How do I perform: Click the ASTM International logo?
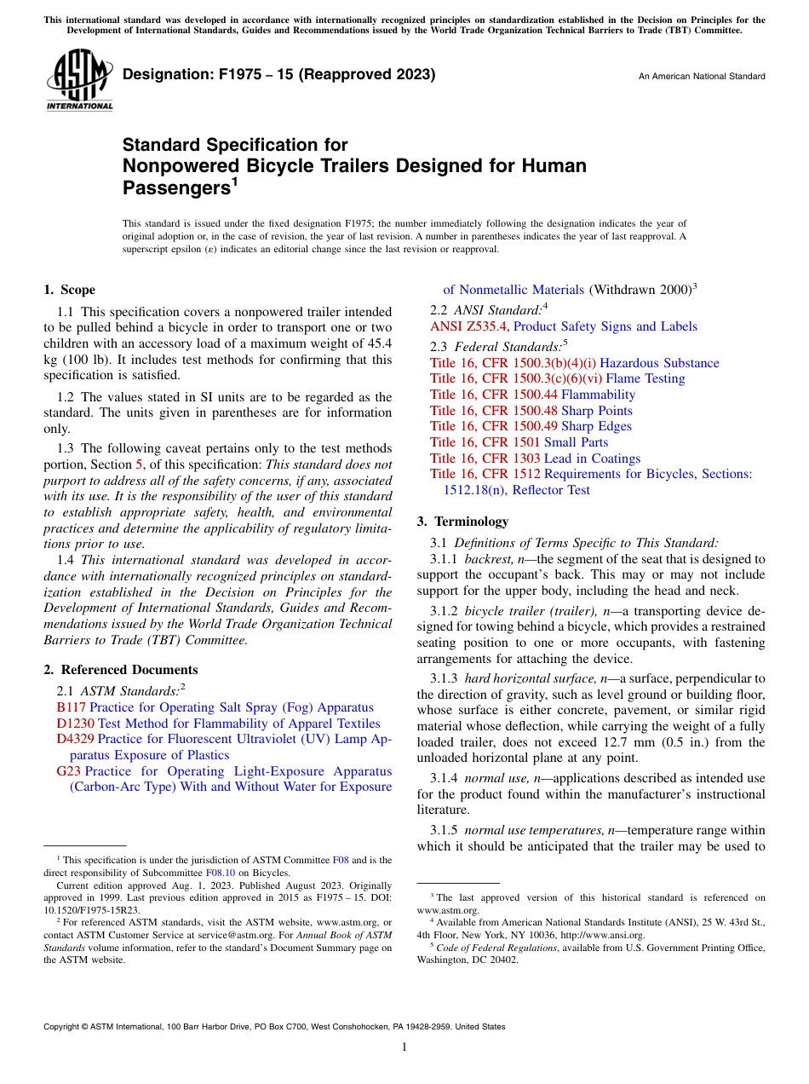pos(79,82)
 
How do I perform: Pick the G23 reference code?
pos(67,771)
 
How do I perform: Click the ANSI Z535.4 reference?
pos(470,326)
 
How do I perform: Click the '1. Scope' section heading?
pos(70,290)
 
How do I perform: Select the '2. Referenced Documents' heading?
pos(121,670)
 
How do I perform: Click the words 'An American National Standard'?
pos(702,77)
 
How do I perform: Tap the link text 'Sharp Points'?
pos(596,411)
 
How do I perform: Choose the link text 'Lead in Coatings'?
pos(592,458)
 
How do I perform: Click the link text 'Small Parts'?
pos(576,442)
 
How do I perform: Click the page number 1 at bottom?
pos(404,1047)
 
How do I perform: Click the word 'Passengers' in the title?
pos(175,187)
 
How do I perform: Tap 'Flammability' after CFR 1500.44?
pos(598,395)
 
